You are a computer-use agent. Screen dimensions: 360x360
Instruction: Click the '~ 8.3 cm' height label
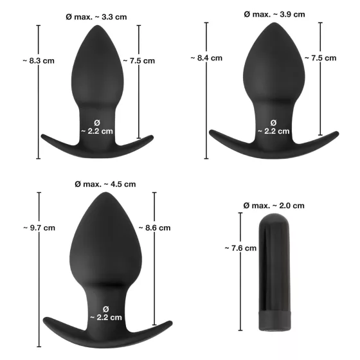tap(38, 61)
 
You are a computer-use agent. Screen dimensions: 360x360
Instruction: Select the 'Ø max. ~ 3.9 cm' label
tap(274, 14)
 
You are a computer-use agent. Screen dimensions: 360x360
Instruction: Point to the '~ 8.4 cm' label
tap(206, 57)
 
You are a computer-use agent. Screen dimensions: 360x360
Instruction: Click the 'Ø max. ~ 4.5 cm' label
tap(105, 184)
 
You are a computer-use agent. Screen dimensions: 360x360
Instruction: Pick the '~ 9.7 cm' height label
tap(38, 228)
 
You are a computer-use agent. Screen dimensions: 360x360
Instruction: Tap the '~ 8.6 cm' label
tap(154, 228)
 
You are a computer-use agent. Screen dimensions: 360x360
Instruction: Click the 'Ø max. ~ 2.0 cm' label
tap(274, 206)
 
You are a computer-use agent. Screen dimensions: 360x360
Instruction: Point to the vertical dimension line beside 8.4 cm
tap(206, 96)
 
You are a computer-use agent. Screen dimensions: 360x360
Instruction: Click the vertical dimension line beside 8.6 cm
tap(154, 276)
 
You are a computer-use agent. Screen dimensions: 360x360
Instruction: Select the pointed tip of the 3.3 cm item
tap(98, 30)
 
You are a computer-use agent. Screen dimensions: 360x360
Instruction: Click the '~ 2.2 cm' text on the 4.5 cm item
tap(105, 317)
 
